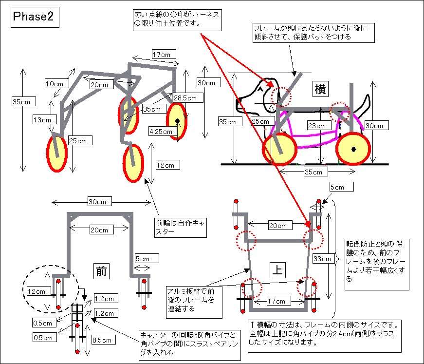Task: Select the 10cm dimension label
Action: click(x=55, y=83)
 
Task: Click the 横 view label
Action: click(x=320, y=89)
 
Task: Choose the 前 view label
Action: click(x=101, y=270)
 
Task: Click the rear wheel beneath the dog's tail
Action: click(x=353, y=149)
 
